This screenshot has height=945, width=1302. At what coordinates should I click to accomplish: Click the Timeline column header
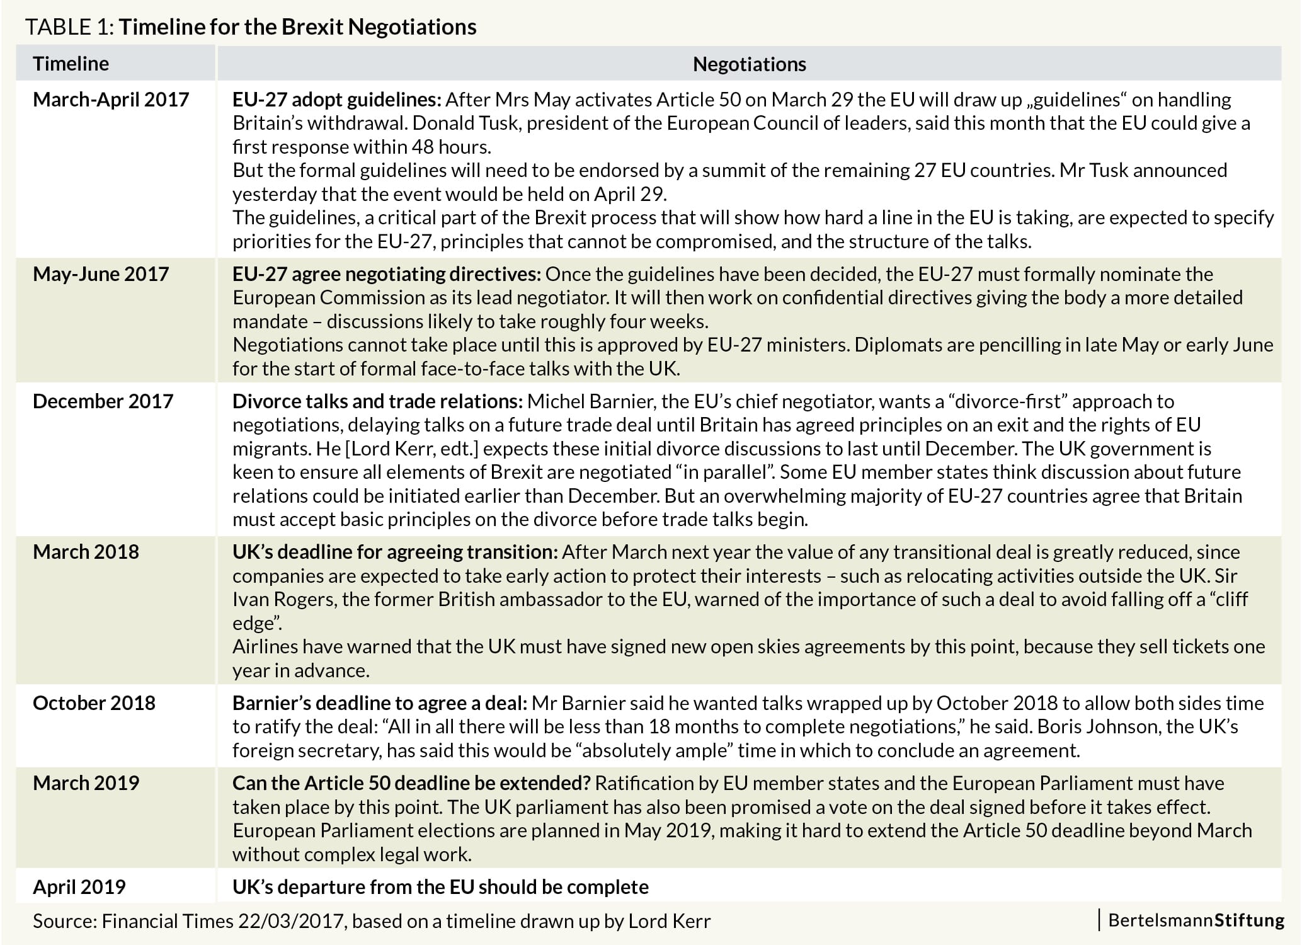(71, 64)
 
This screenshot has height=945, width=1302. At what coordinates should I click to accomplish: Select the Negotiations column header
(749, 64)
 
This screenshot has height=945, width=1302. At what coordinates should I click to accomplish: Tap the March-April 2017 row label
(111, 100)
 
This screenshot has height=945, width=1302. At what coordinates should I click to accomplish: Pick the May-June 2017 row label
(101, 274)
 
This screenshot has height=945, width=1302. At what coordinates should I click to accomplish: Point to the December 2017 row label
(103, 401)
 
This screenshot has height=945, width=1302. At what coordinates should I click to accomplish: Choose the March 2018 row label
(86, 552)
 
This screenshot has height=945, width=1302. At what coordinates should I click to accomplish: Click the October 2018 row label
(94, 703)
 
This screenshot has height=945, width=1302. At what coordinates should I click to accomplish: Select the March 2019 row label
(86, 783)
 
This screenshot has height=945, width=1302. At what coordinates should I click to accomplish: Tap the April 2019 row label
(79, 887)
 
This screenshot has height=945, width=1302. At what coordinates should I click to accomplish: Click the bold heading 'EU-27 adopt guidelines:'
(337, 100)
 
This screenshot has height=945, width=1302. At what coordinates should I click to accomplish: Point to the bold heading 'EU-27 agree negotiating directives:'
(386, 274)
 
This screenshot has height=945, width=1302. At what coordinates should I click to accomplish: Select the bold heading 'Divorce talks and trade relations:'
(377, 401)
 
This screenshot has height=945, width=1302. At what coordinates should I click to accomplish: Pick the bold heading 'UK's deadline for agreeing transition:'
(395, 552)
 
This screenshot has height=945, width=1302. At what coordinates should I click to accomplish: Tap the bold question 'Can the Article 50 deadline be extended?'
(411, 783)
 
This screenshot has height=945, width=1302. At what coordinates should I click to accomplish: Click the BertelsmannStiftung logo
(1196, 920)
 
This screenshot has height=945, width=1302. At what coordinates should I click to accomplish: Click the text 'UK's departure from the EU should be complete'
(440, 887)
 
